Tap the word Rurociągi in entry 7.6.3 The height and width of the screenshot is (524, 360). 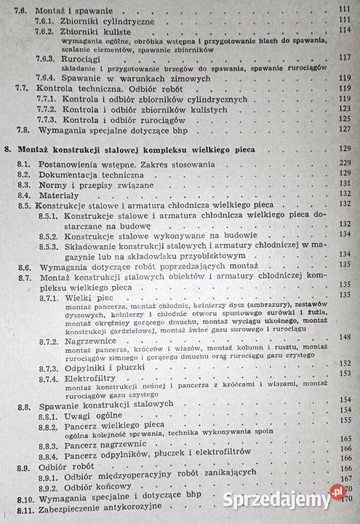[x=86, y=57]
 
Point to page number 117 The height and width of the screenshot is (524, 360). [x=344, y=57]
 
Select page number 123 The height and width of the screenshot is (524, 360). [x=345, y=108]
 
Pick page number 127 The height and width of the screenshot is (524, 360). [x=345, y=129]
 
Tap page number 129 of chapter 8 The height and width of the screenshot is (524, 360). [x=345, y=149]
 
